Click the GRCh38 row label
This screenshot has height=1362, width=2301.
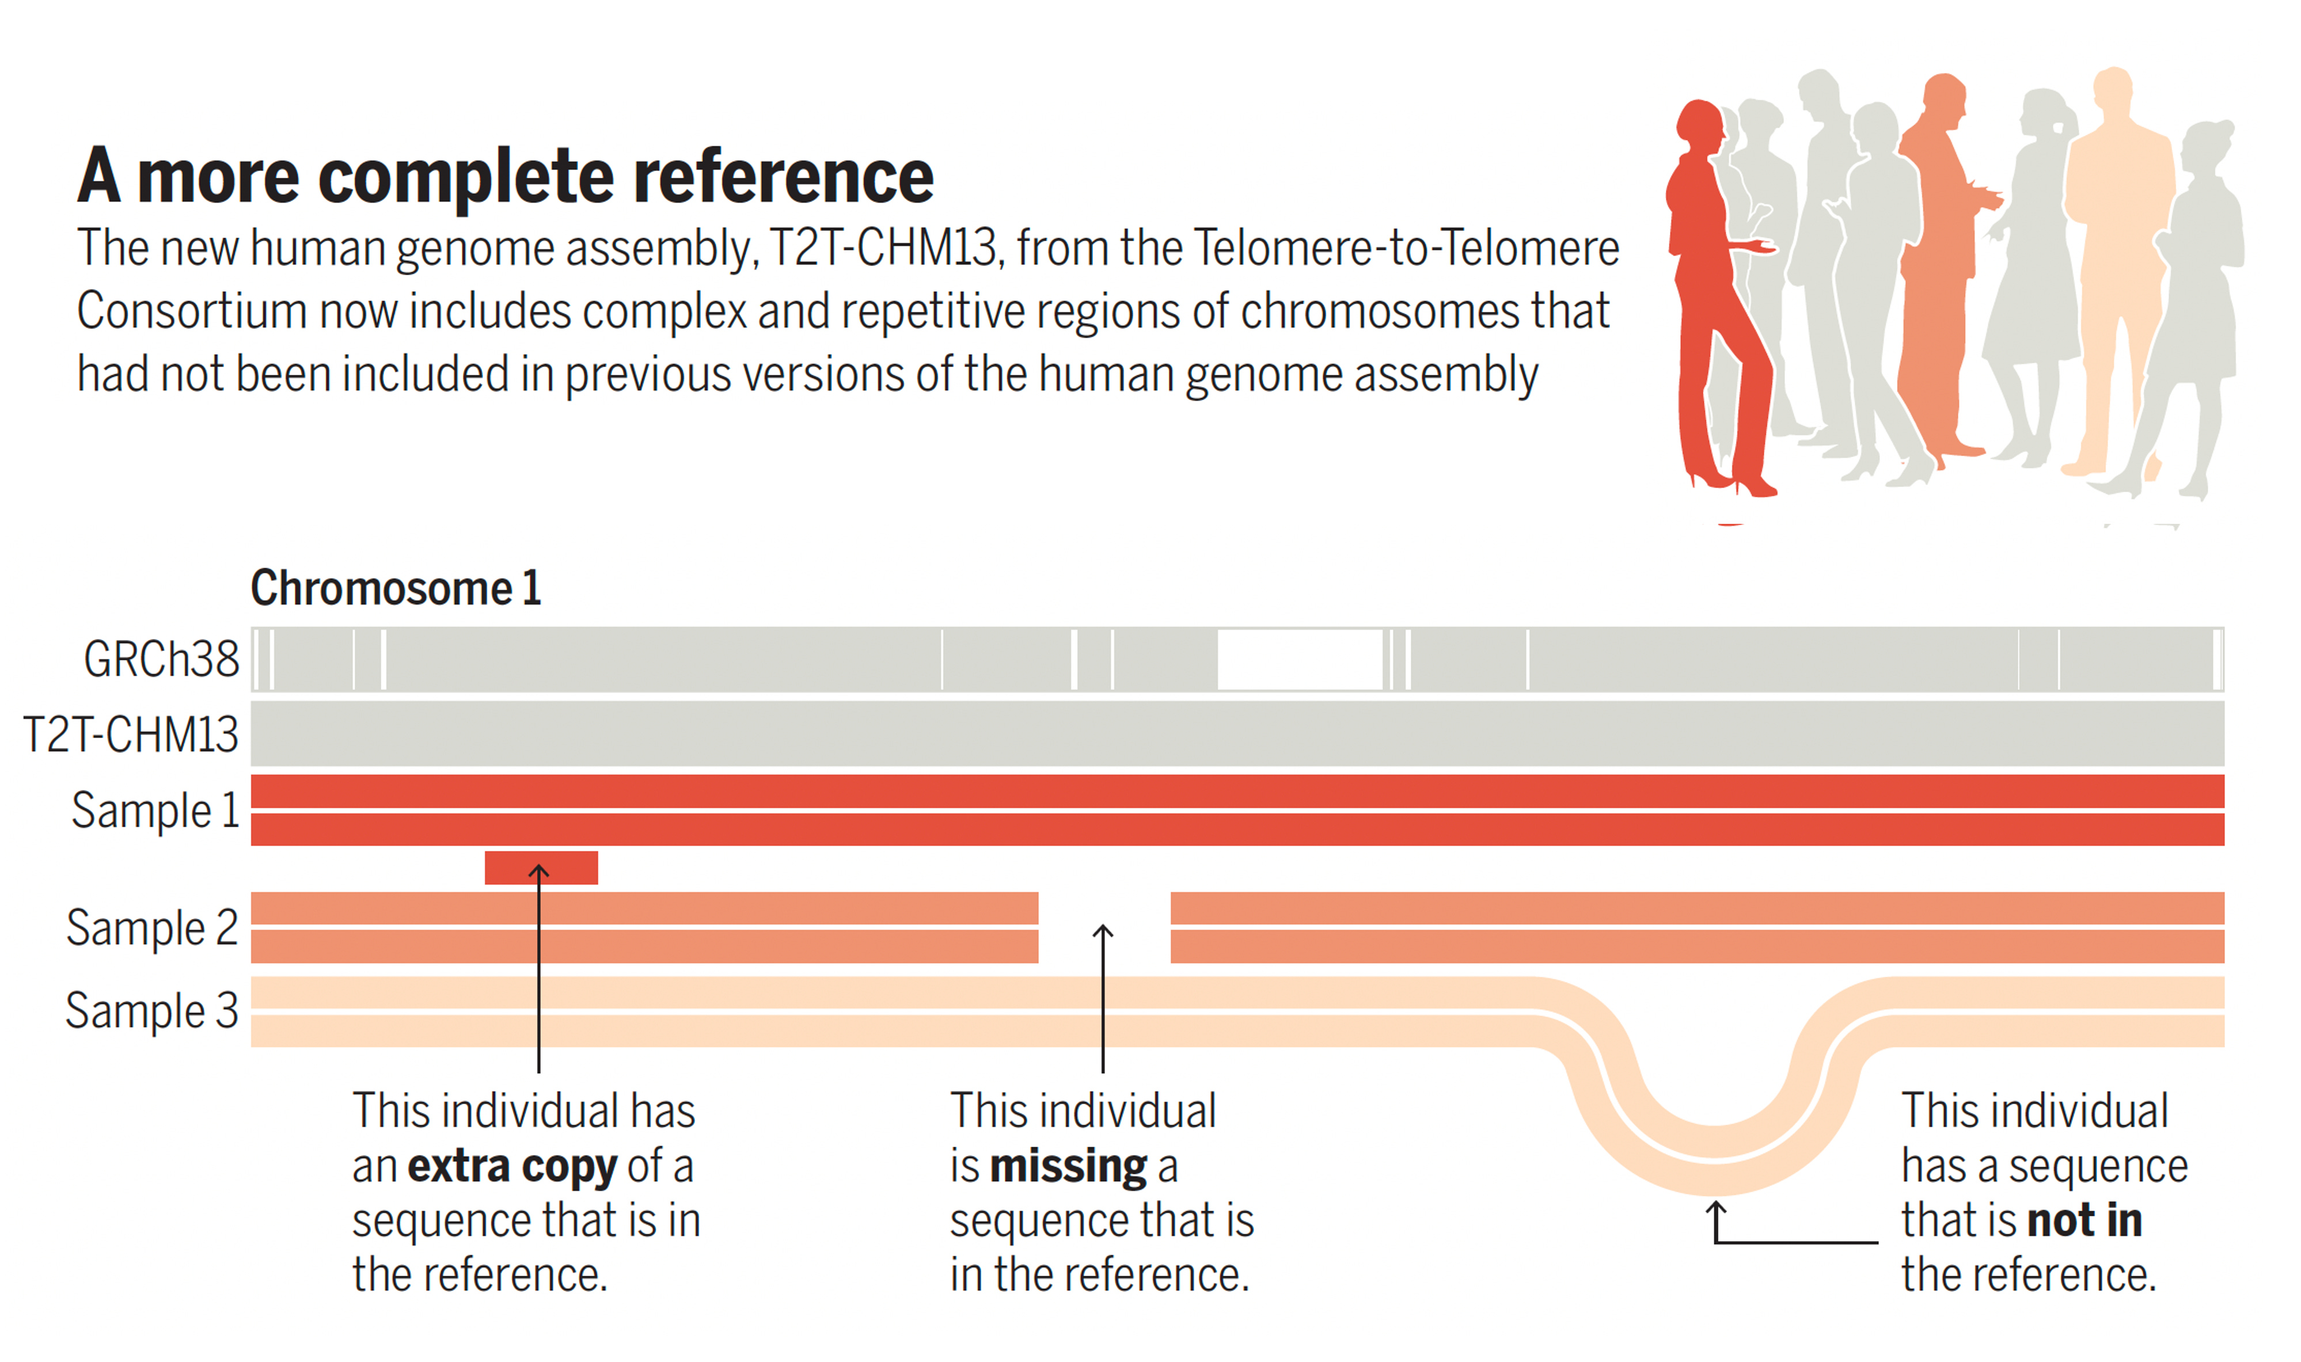pyautogui.click(x=161, y=659)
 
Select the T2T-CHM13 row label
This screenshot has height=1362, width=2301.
pyautogui.click(x=130, y=734)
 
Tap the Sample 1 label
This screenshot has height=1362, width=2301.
pyautogui.click(x=155, y=811)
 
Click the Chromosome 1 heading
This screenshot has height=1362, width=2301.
pyautogui.click(x=396, y=587)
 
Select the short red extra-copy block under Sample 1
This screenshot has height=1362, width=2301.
pyautogui.click(x=541, y=868)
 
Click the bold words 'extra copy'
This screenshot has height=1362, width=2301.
pyautogui.click(x=512, y=1166)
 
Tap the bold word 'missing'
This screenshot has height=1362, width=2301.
pyautogui.click(x=1068, y=1166)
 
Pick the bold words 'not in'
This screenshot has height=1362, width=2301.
pyautogui.click(x=2083, y=1220)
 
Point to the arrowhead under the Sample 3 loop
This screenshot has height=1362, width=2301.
pyautogui.click(x=1714, y=1209)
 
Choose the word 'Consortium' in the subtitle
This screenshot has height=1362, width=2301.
pyautogui.click(x=191, y=311)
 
